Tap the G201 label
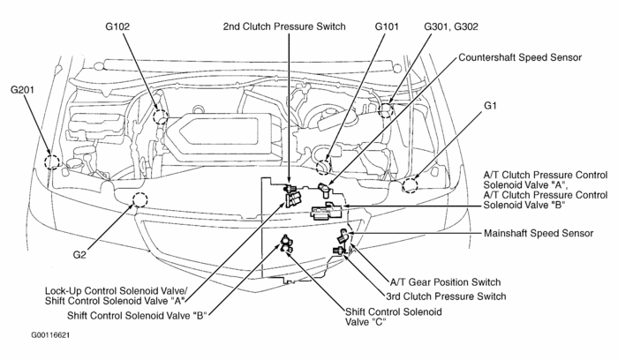click(x=24, y=90)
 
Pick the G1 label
click(x=492, y=105)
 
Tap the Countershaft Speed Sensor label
click(x=520, y=57)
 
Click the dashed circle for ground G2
click(x=137, y=199)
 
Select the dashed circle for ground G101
click(x=323, y=164)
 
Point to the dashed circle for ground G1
click(x=411, y=184)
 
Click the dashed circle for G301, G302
click(x=385, y=109)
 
